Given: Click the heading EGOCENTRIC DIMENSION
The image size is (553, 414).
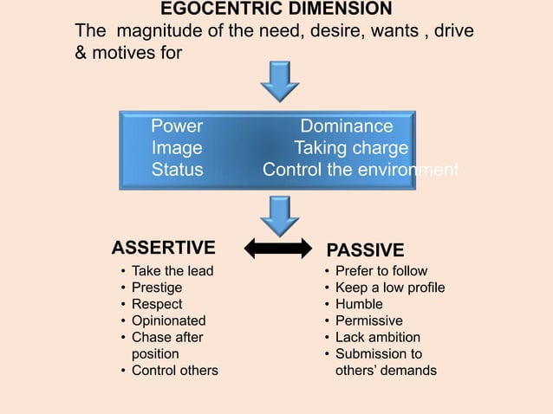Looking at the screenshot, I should pos(276,10).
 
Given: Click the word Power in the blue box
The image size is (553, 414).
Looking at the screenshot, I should pos(177,126).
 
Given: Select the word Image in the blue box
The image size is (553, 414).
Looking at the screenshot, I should pos(177,148).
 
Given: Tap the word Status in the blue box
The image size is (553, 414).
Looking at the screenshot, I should pos(178,170).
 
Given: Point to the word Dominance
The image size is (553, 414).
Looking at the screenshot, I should pos(346,126).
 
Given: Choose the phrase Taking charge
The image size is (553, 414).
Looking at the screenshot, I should pos(351,148).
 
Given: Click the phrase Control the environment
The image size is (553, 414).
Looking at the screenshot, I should pos(361,170).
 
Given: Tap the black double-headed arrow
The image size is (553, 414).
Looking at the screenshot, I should pos(276,249).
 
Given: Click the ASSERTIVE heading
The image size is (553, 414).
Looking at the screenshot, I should pos(164,249).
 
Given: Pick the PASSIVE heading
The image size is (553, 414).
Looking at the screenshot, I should pos(365,250).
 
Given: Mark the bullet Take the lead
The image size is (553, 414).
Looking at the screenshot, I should pos(172,271).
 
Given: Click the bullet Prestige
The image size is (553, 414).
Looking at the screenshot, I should pos(156,288).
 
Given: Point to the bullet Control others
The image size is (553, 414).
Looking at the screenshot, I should pos(174,371).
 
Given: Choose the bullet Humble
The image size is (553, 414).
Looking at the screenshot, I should pos(359,304).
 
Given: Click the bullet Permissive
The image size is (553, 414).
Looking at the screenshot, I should pos(369,320).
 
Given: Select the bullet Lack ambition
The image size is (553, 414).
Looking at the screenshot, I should pos(378,337).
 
